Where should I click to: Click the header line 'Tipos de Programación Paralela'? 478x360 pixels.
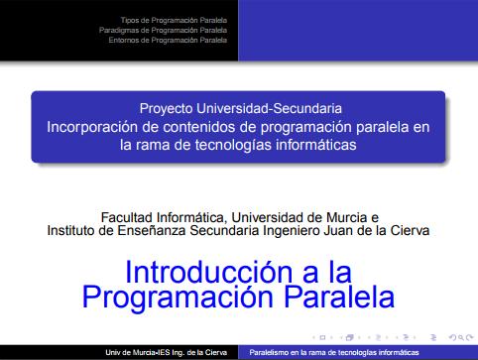click(174, 19)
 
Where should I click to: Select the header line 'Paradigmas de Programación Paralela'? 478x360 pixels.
click(164, 30)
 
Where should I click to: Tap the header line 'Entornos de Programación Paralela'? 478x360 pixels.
click(168, 41)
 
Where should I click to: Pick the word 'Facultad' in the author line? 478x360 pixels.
click(130, 217)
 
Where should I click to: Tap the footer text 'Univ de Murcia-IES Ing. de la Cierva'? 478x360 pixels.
click(168, 352)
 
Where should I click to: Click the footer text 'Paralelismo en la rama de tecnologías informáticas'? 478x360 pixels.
click(333, 352)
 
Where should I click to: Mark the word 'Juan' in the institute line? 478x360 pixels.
click(330, 231)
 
